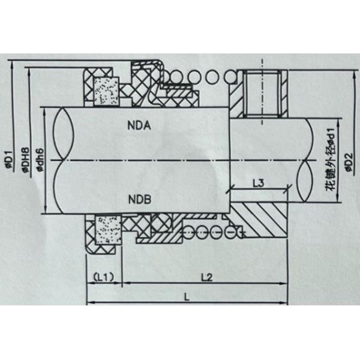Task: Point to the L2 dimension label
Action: [208, 278]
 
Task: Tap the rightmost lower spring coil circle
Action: [238, 232]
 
